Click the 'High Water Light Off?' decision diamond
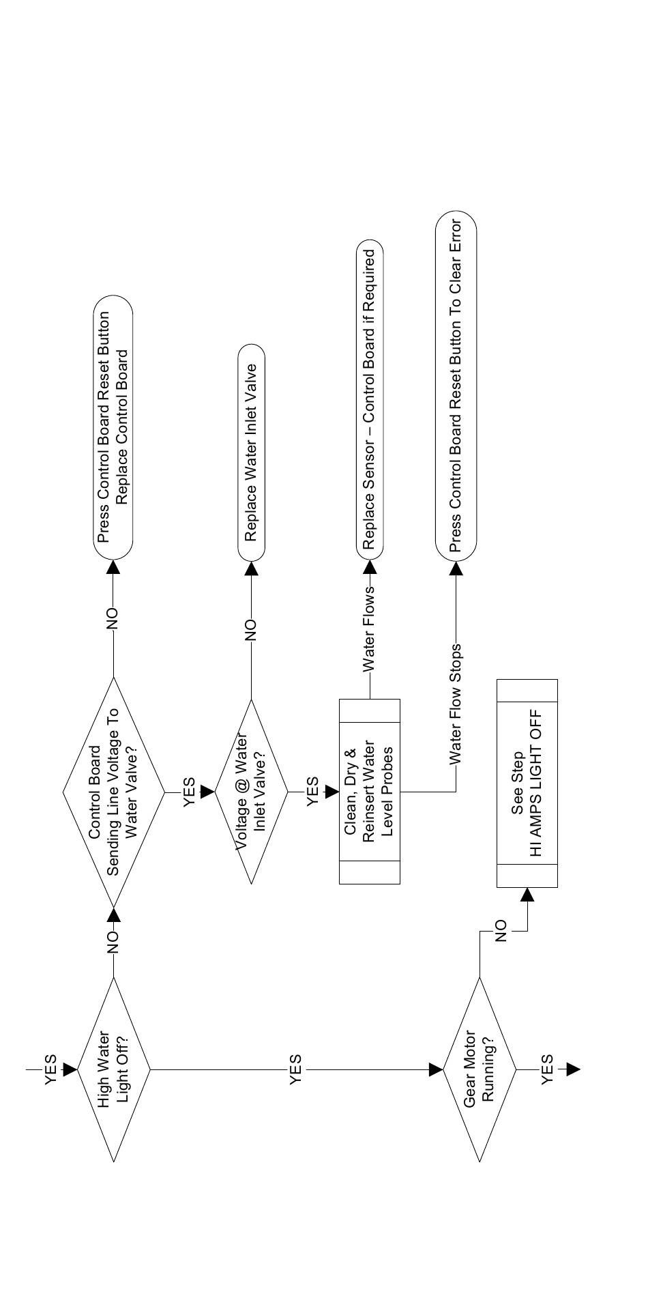pos(113,1069)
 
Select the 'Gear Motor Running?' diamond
pos(480,1069)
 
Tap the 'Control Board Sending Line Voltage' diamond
pos(113,792)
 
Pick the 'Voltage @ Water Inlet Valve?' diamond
pos(251,792)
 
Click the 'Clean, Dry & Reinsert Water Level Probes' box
pos(369,792)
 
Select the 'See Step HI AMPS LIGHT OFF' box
pos(527,783)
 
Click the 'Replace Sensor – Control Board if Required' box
pos(369,399)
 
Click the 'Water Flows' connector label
pos(369,628)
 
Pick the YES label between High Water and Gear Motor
pos(295,1069)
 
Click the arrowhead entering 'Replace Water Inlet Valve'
pos(251,568)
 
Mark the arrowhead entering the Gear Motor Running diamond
pos(436,1069)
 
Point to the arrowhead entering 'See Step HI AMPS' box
pos(527,895)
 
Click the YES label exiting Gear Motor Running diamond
pos(547,1069)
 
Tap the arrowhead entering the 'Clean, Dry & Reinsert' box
pos(332,792)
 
